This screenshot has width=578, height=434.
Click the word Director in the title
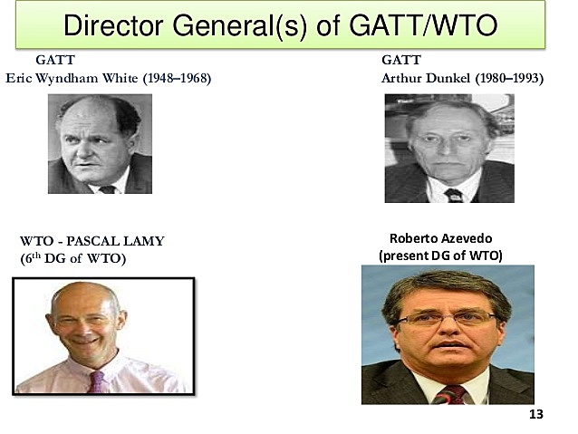[112, 24]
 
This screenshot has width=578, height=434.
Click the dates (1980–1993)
[507, 78]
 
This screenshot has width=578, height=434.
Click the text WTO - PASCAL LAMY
[92, 241]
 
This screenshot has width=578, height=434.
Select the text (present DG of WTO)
[439, 256]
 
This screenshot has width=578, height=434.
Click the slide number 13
[535, 415]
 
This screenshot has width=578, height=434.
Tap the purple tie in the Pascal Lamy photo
[96, 381]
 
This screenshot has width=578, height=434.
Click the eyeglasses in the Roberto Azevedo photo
[435, 320]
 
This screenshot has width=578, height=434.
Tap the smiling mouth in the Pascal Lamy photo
[84, 352]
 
